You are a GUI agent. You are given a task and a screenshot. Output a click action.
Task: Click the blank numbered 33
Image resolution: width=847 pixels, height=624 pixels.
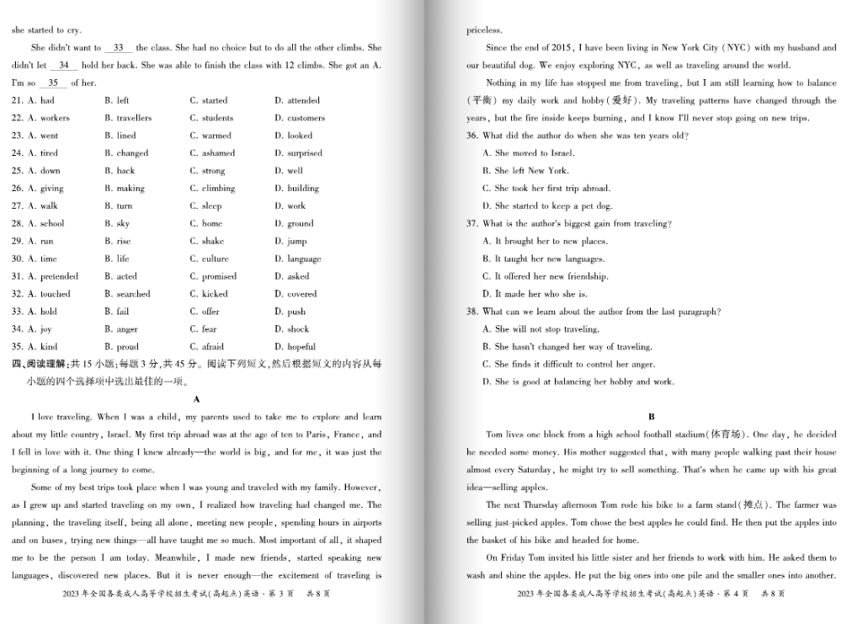(118, 48)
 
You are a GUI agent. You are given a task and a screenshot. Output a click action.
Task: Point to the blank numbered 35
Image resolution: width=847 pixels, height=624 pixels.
(53, 83)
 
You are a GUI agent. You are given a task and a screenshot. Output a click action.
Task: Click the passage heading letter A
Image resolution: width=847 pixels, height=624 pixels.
(196, 398)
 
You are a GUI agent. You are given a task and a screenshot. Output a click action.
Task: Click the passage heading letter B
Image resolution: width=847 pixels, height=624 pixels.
(651, 417)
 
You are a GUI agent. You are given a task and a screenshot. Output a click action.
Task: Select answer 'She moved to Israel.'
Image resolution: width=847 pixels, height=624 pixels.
(529, 153)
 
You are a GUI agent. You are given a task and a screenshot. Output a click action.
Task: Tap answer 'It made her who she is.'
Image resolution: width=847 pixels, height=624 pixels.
(535, 294)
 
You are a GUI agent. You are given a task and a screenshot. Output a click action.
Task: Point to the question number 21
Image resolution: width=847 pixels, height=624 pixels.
(17, 100)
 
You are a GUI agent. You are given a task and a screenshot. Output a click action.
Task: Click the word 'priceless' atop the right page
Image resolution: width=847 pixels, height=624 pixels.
(484, 30)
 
